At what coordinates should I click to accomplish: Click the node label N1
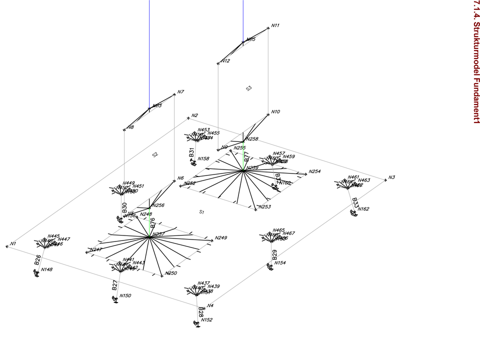click(x=13, y=243)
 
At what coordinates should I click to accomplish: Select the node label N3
click(x=391, y=177)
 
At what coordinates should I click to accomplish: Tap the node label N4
click(x=210, y=305)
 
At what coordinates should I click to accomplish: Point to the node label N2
click(x=194, y=116)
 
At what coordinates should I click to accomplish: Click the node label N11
click(x=275, y=25)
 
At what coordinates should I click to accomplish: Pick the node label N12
click(x=225, y=61)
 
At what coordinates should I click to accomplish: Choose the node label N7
click(x=180, y=92)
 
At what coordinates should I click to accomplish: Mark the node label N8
click(x=130, y=127)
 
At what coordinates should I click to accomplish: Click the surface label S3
click(x=249, y=88)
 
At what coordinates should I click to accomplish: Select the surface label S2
click(x=155, y=154)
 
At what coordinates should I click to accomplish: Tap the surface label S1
click(x=202, y=212)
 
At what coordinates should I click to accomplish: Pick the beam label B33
click(x=355, y=202)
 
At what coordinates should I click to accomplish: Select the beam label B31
click(x=191, y=152)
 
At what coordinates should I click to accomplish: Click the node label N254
click(x=314, y=171)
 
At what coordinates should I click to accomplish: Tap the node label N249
click(x=220, y=238)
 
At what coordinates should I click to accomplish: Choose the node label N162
click(x=363, y=209)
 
